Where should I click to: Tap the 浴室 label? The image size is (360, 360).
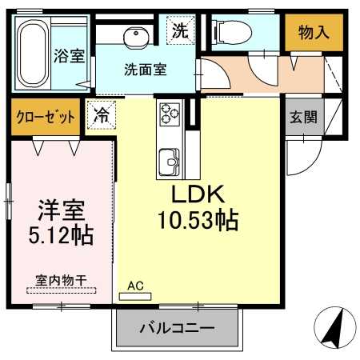coord(69,56)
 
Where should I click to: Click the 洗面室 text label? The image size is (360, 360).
coord(146,70)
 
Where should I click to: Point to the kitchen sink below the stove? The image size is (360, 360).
coord(170,157)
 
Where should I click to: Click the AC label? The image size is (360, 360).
coord(134,285)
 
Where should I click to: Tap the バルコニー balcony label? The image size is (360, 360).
coord(177,328)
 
